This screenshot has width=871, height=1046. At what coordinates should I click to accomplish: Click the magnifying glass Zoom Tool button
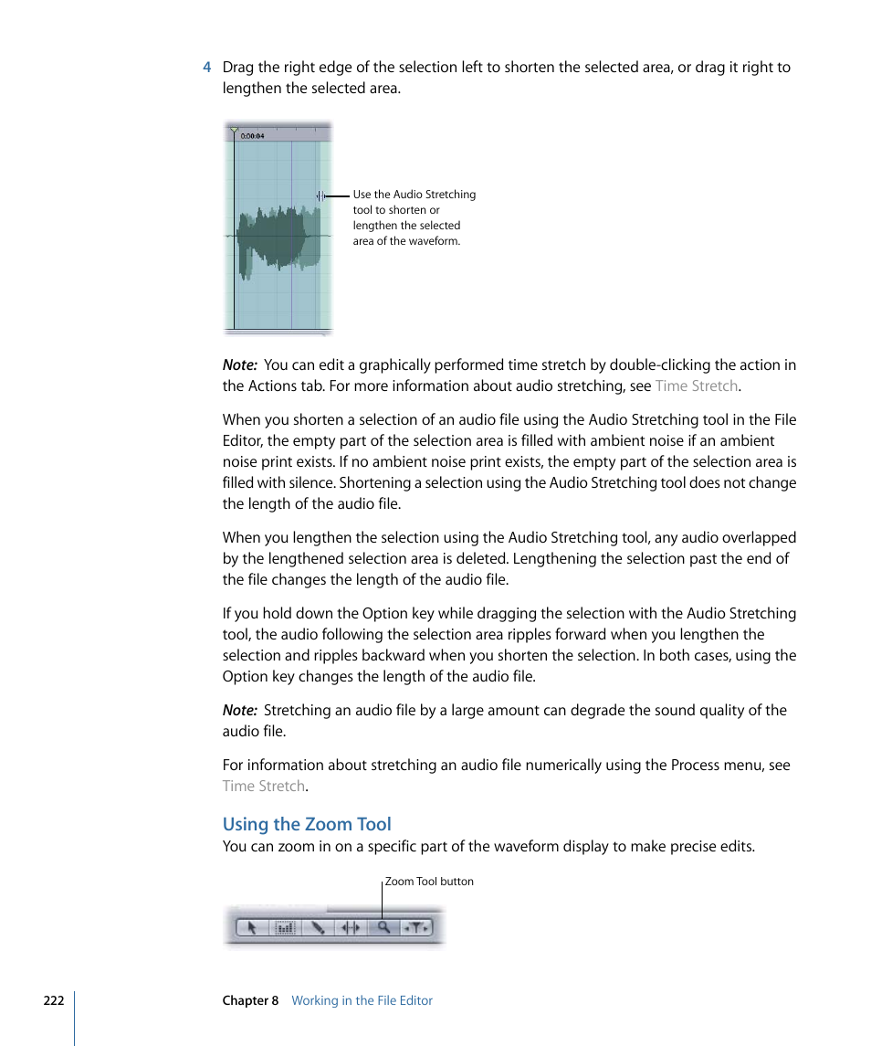click(383, 927)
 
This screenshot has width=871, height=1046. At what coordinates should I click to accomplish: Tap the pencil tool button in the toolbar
click(318, 927)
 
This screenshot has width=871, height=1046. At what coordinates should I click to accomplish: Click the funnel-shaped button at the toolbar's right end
click(416, 927)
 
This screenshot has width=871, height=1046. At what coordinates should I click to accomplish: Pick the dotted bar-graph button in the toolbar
click(285, 927)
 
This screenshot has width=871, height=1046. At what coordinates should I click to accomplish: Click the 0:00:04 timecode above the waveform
click(252, 136)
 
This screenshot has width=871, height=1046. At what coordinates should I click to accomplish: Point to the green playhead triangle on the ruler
click(235, 131)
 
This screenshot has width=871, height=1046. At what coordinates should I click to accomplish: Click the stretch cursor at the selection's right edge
click(320, 195)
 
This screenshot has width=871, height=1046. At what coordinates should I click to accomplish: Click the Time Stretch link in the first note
click(696, 386)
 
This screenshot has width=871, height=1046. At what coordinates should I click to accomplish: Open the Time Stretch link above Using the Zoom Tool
click(263, 786)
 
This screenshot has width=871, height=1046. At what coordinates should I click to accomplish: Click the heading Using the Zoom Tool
click(307, 824)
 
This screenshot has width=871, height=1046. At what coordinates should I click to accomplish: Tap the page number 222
click(54, 1000)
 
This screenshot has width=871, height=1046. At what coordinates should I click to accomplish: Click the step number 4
click(207, 68)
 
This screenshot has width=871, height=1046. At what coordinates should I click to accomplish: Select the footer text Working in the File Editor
click(362, 1000)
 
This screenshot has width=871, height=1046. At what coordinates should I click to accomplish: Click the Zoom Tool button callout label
click(429, 882)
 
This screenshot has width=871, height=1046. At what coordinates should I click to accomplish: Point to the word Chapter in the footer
click(245, 1000)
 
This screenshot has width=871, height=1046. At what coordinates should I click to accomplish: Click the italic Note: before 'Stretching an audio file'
click(239, 710)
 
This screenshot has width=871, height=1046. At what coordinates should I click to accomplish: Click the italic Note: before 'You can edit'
click(239, 365)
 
